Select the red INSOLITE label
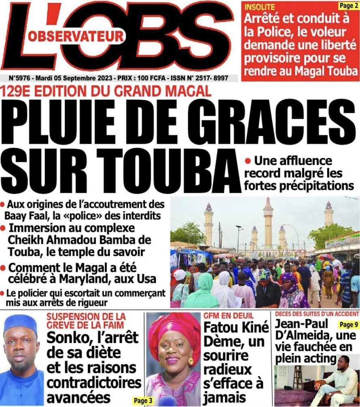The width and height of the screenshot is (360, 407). point(259,6)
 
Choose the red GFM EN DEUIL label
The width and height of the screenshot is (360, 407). point(223,315)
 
